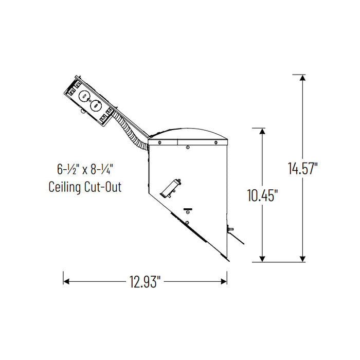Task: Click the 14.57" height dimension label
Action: point(303,169)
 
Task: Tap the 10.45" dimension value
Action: point(263,195)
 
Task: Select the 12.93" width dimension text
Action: point(145,281)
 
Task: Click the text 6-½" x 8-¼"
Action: point(85,168)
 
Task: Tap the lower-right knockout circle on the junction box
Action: point(95,106)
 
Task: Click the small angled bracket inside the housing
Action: point(170,187)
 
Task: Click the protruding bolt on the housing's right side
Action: point(231,228)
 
